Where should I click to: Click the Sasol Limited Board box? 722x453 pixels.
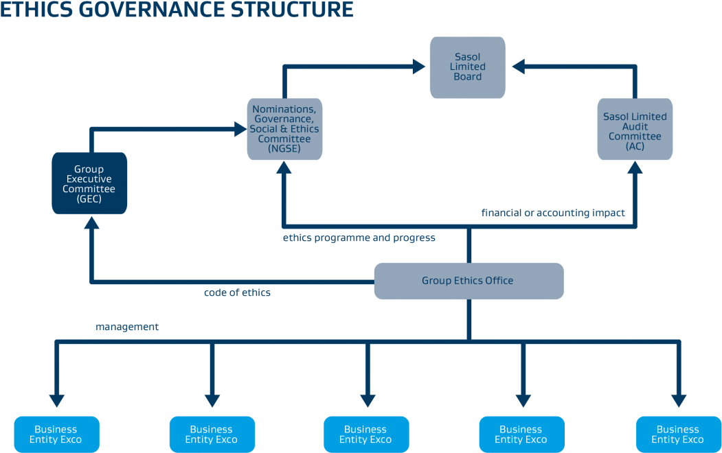coord(467,67)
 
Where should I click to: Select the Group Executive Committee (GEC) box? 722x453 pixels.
coord(89,183)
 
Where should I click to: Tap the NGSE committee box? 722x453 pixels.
coord(284,129)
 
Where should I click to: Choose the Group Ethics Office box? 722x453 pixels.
coord(469,281)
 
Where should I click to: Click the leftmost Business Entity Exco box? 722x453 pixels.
coord(56,434)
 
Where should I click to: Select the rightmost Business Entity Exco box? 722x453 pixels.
coord(677,434)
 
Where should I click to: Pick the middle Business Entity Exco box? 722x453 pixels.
coord(366,434)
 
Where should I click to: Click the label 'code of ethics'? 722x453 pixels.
coord(237,293)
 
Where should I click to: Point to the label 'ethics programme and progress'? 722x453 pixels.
coord(359,238)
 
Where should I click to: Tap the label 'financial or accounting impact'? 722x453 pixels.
coord(553,213)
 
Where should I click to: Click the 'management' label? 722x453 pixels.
coord(127,327)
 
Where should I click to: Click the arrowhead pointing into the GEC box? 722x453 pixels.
coord(90,222)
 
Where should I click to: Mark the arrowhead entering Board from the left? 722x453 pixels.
coord(419,67)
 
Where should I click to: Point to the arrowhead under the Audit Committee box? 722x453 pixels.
coord(635,168)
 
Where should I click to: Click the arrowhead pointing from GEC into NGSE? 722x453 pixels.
coord(240,128)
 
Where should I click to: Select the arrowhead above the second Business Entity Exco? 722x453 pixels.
coord(212,399)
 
